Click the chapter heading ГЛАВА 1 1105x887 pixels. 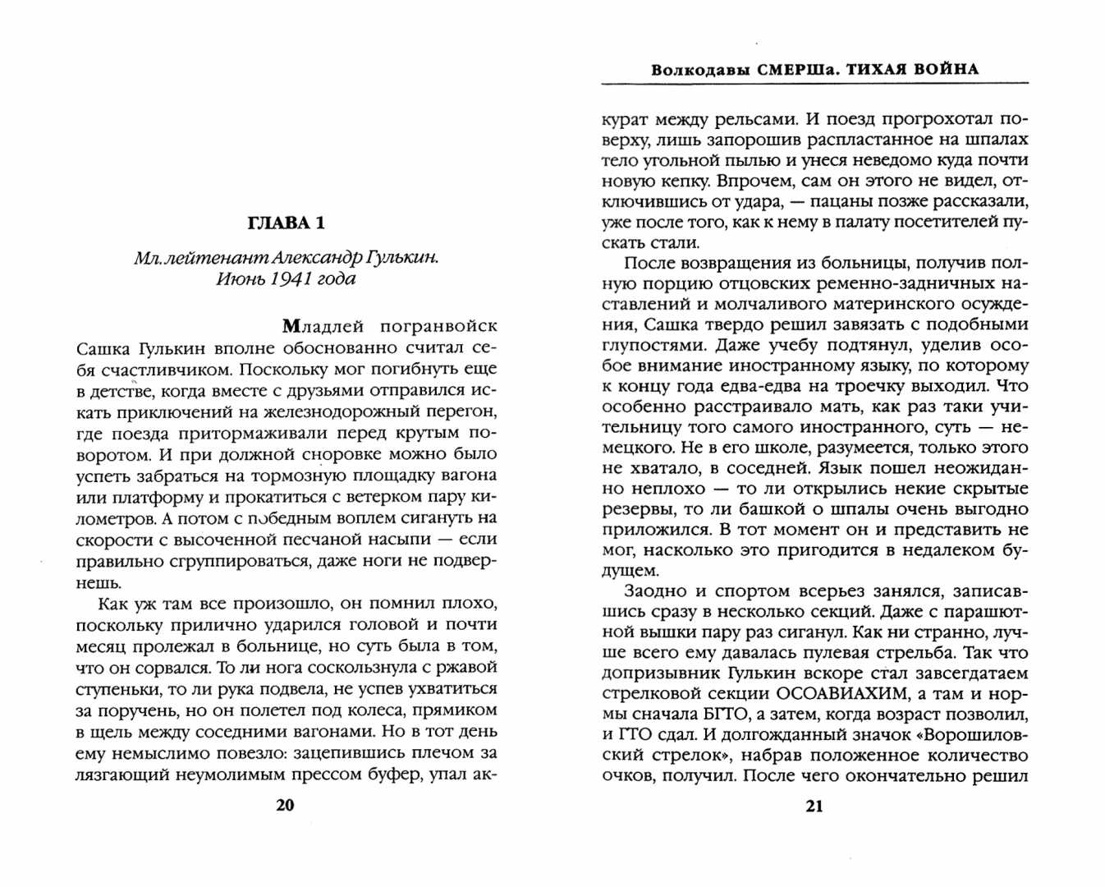click(286, 223)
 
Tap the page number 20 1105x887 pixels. click(284, 805)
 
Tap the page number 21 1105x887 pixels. click(814, 806)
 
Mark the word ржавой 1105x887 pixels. click(467, 667)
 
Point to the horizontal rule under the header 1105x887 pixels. click(814, 83)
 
